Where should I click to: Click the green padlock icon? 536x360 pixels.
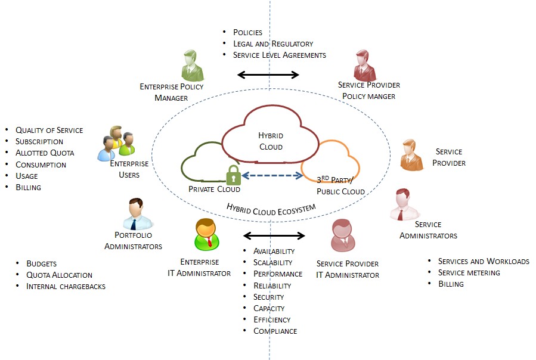(x=233, y=176)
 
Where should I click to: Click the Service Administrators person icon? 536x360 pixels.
(x=404, y=205)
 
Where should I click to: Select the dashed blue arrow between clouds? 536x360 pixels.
(x=272, y=175)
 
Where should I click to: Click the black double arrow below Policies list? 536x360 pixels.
(x=268, y=75)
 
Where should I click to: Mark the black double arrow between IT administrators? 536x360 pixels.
(x=274, y=235)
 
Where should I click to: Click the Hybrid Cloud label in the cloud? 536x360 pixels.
(x=270, y=141)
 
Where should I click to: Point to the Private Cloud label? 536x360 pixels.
(x=214, y=189)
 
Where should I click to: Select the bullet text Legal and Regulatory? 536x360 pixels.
(x=272, y=44)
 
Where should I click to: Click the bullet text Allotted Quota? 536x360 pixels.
(x=45, y=153)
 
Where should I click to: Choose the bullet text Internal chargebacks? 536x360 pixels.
(x=66, y=286)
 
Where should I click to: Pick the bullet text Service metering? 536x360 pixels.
(x=469, y=272)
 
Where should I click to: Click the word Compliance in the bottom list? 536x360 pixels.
(x=275, y=331)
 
